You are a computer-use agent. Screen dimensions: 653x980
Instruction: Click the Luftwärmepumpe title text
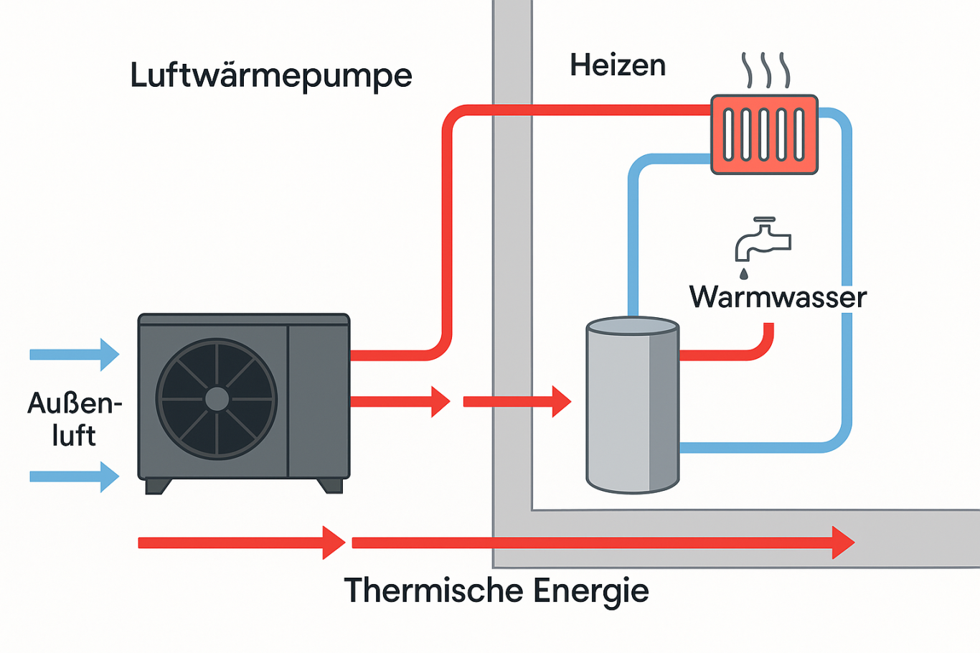pos(270,76)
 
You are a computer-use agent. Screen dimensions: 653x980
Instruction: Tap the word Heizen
pos(618,65)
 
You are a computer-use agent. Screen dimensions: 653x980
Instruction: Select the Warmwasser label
pos(778,297)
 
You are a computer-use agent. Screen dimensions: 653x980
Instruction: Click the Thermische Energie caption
pos(496,591)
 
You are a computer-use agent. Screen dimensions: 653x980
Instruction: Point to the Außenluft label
pos(75,419)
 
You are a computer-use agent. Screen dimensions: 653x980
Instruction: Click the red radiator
pos(764,135)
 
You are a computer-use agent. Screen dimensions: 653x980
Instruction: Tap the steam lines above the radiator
pos(766,70)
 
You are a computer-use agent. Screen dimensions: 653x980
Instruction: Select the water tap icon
pos(762,240)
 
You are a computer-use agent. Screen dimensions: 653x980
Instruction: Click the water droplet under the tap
pos(743,273)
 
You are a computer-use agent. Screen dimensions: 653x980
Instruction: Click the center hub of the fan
pos(217,399)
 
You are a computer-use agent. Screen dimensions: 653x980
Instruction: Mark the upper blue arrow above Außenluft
pos(75,354)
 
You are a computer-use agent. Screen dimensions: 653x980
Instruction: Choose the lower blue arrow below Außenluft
pos(75,476)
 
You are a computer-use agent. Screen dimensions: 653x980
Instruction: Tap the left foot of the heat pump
pos(158,487)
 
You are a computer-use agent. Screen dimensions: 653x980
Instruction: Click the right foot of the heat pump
pos(330,486)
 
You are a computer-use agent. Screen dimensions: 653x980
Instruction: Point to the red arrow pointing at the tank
pos(517,402)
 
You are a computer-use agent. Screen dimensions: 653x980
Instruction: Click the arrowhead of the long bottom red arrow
pos(843,542)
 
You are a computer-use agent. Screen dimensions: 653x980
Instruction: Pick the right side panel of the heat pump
pos(319,400)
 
